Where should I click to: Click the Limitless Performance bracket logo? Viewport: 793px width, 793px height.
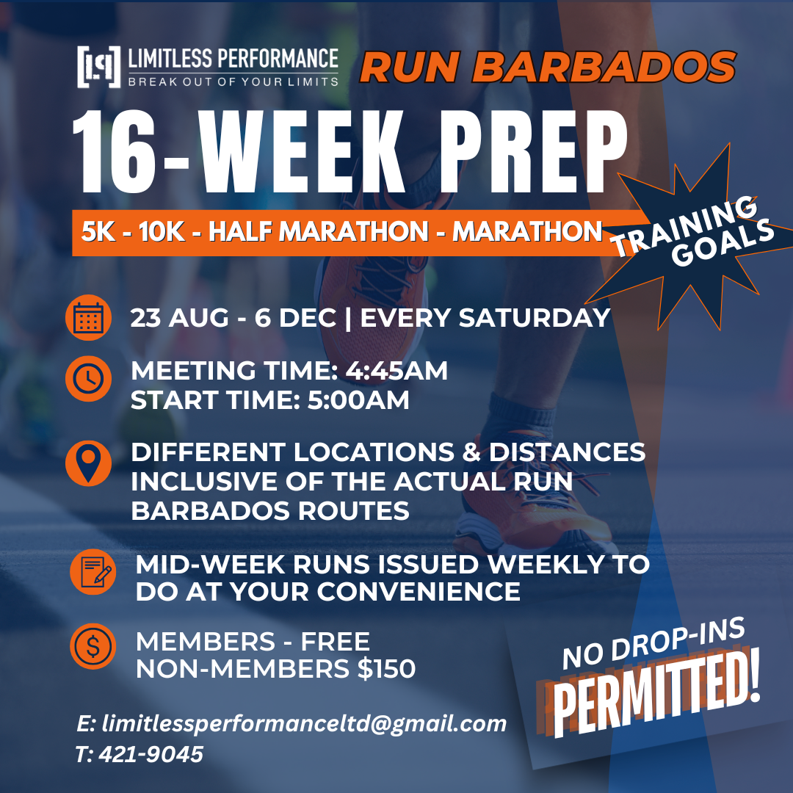99,67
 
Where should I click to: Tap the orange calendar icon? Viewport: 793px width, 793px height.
89,318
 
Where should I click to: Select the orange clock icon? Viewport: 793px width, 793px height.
89,379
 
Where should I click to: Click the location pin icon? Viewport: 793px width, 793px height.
89,463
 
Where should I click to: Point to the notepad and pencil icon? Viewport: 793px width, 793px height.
93,571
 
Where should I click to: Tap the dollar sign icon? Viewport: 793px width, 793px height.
93,646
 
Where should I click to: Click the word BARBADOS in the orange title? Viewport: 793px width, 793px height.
604,68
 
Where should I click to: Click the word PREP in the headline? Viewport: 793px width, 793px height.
532,152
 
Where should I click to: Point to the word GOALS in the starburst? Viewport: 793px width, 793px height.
723,243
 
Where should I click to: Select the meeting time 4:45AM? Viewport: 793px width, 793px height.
396,371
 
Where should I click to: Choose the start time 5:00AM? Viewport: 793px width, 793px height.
358,400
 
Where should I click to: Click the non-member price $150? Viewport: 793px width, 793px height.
386,669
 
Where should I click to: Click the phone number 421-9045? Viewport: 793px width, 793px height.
151,755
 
